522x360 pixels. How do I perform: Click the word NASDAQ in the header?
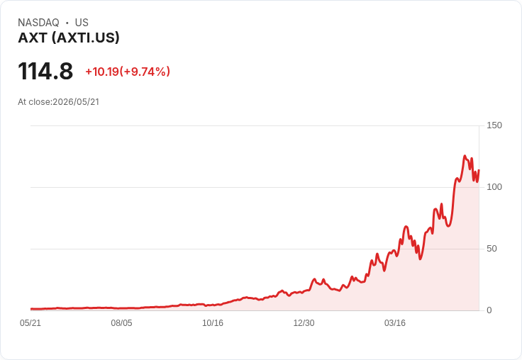tap(38, 23)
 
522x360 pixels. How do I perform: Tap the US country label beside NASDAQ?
tap(82, 23)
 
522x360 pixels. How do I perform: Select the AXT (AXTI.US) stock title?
tap(69, 38)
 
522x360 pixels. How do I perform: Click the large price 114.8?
tap(45, 71)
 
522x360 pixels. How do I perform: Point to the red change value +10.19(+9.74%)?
tap(128, 72)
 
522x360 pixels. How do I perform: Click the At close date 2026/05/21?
tap(76, 102)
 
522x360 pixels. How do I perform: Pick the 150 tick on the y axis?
tap(494, 125)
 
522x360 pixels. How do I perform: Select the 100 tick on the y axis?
tap(494, 187)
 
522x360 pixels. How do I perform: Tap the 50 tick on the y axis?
tap(492, 249)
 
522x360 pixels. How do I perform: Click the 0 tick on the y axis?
tap(489, 310)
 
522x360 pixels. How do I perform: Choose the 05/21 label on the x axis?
tap(30, 323)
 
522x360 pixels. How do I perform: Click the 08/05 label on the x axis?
tap(121, 323)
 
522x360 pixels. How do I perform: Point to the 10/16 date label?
tap(213, 323)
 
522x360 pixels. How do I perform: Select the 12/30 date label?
tap(304, 323)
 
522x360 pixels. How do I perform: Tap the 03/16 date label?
tap(395, 323)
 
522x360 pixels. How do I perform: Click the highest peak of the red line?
tap(465, 156)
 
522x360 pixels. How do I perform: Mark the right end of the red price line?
tap(479, 170)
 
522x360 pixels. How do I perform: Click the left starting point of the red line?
tap(31, 309)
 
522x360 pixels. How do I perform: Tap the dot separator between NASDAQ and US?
tap(67, 23)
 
